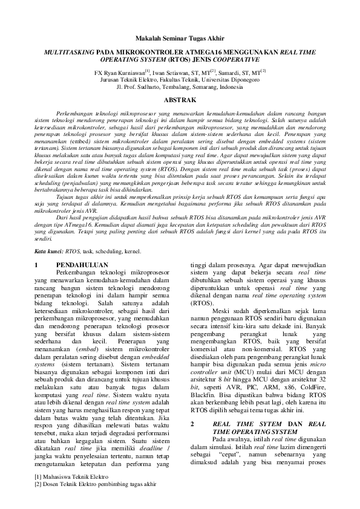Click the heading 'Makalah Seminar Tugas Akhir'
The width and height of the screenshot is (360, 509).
(180, 35)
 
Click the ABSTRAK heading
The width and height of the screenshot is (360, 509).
(180, 99)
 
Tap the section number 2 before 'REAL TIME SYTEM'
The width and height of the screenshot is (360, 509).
(192, 424)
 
